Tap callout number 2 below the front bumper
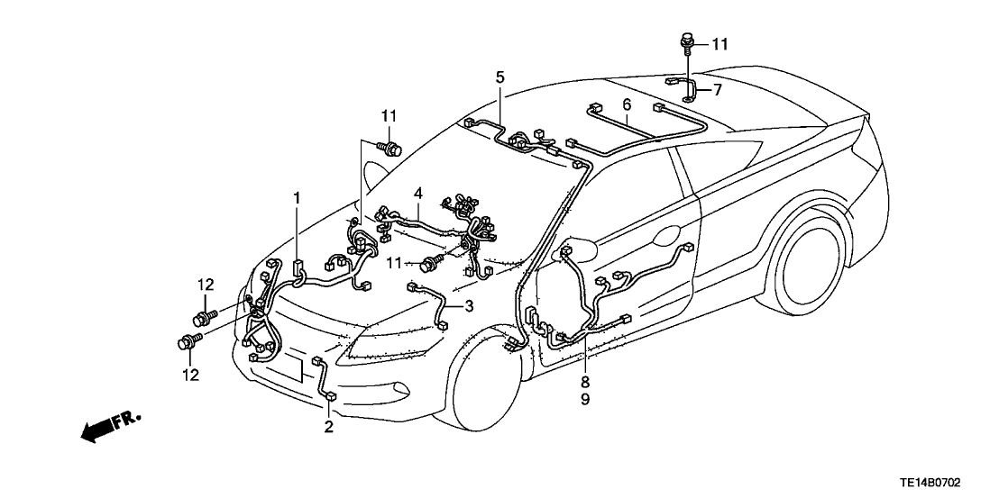click(x=328, y=426)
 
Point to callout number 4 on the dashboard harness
click(x=418, y=193)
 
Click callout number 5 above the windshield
click(x=499, y=77)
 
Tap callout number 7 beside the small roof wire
click(x=718, y=90)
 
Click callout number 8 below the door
click(x=585, y=381)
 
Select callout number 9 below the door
click(x=585, y=399)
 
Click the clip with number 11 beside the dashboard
click(x=430, y=263)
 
